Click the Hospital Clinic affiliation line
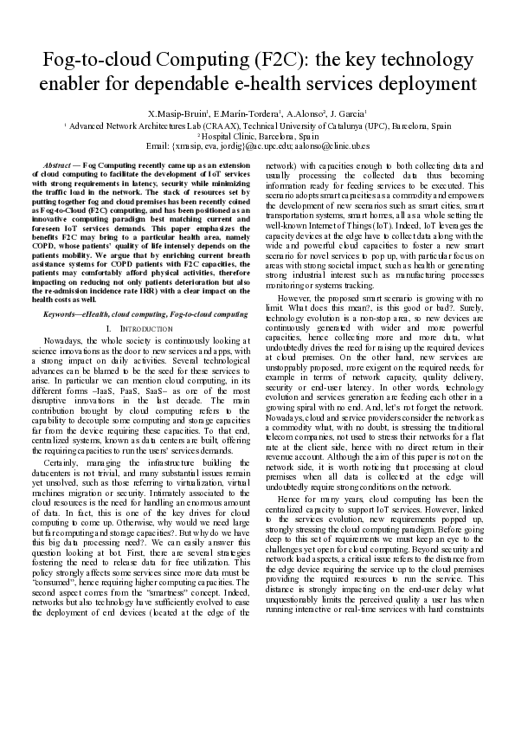tap(257, 135)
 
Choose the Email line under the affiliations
tap(257, 145)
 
